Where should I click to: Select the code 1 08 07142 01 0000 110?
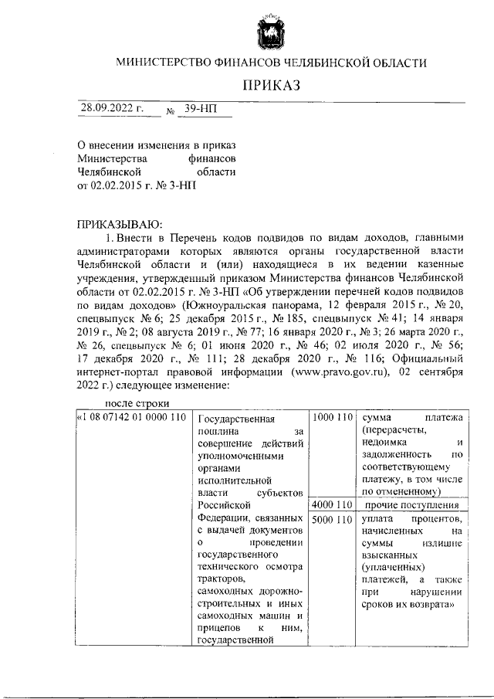(133, 417)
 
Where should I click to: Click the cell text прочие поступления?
(412, 505)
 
